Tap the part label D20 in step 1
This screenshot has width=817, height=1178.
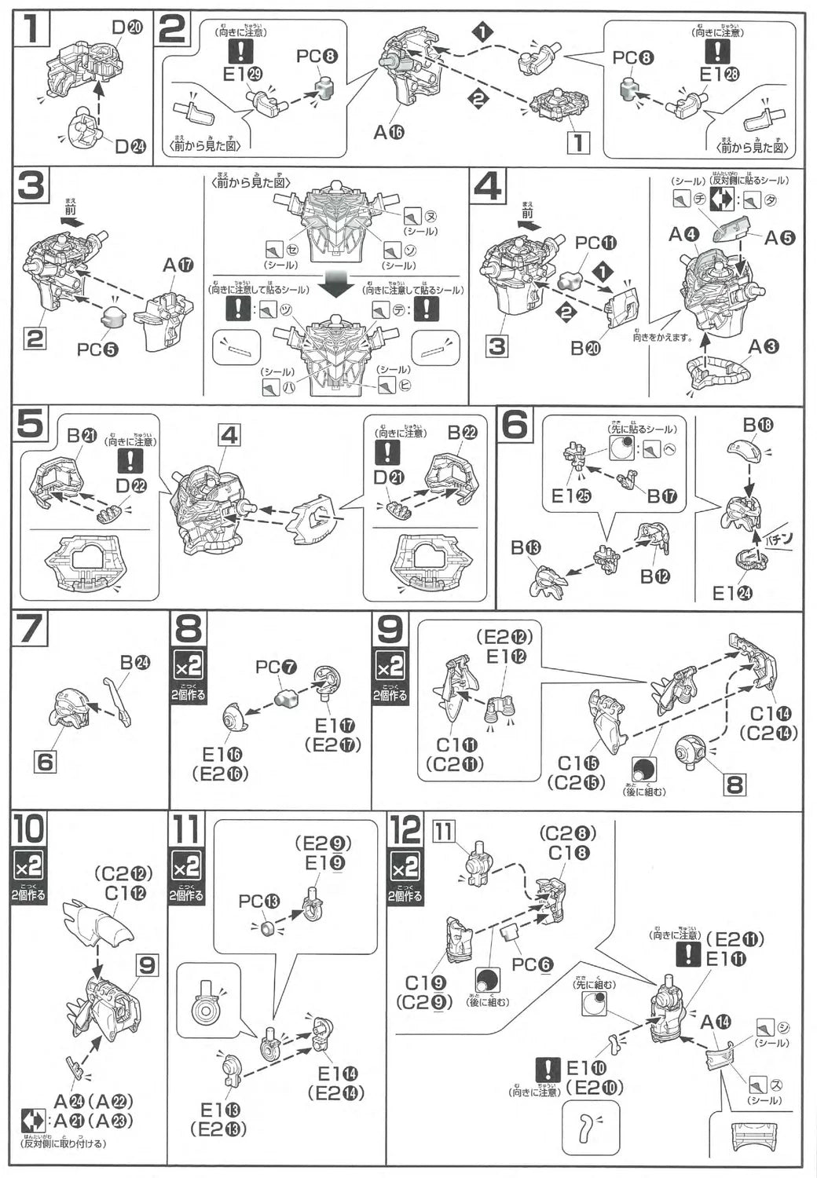[126, 27]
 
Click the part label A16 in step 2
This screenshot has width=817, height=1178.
[388, 132]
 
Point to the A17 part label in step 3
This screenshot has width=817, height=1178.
[178, 265]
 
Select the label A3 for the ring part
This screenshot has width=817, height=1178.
[764, 346]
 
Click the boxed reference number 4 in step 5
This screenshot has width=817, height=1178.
[229, 434]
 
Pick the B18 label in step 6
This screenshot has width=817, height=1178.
[758, 425]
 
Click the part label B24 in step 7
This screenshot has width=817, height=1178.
[134, 662]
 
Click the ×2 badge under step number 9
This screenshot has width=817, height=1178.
[390, 667]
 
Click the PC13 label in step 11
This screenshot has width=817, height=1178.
[259, 902]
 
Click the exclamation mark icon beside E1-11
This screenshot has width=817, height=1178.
[689, 954]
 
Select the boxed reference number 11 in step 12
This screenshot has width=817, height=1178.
[445, 830]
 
